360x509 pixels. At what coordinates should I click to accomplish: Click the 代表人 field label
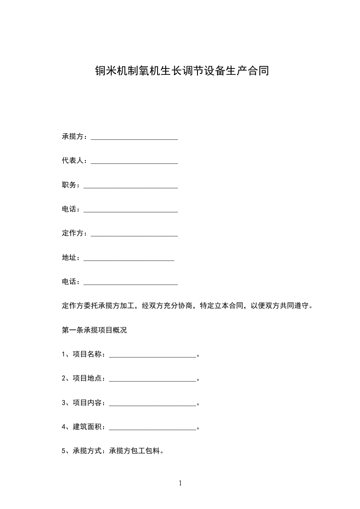pos(72,161)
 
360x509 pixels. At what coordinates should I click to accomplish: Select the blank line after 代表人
pos(134,162)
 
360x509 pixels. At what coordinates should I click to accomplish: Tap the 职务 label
pos(69,185)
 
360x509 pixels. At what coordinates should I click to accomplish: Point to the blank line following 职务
pos(131,186)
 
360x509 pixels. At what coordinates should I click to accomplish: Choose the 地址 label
pos(69,258)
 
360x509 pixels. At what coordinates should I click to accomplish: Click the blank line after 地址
pos(129,259)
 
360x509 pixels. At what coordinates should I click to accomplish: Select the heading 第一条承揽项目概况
pos(94,330)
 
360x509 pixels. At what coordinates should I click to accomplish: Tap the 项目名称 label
pos(89,355)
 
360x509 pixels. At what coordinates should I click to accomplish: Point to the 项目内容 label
pos(89,403)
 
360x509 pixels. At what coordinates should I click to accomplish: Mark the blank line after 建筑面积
pos(153,428)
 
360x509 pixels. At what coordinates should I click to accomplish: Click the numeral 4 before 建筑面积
pos(64,427)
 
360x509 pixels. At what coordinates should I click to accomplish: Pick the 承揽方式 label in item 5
pos(89,451)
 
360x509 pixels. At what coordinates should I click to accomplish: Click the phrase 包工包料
pos(145,451)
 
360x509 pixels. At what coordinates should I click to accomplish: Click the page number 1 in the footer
pos(180,483)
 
